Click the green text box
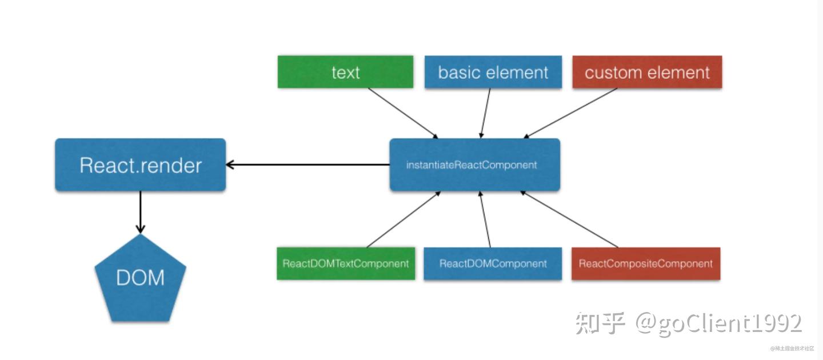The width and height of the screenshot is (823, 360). pos(345,72)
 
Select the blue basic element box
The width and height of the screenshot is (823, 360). pos(493,72)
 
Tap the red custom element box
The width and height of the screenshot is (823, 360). pos(647,72)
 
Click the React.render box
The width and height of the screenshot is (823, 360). pos(141,165)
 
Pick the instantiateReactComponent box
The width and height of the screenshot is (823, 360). pos(474,165)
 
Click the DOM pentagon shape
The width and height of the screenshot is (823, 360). pos(140,278)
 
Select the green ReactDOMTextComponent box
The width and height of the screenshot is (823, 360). pos(346,263)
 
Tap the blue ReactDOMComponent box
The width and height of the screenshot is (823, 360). pos(493,263)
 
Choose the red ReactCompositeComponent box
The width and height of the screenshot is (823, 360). pos(646,263)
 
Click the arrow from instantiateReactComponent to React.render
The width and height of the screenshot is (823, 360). pos(309,165)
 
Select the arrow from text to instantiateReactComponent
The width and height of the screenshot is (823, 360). pos(403,113)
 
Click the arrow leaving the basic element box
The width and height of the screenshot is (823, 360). pos(486,113)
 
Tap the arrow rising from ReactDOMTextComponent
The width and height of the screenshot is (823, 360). pos(403,219)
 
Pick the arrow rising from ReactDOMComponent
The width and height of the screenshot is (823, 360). pos(485,219)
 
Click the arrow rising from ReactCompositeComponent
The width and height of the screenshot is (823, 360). pos(569,219)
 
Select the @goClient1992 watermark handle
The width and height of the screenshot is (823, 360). pos(719,323)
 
